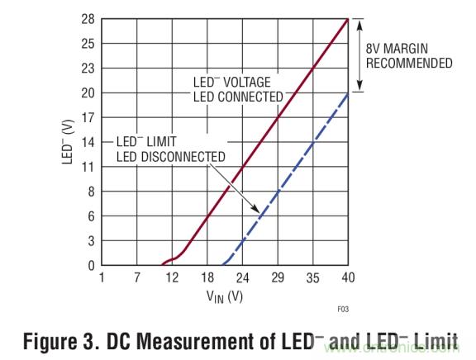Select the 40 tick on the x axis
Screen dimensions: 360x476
coord(348,278)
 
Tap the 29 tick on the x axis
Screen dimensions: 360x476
coord(278,278)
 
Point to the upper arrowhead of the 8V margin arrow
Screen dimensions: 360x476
coord(360,22)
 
